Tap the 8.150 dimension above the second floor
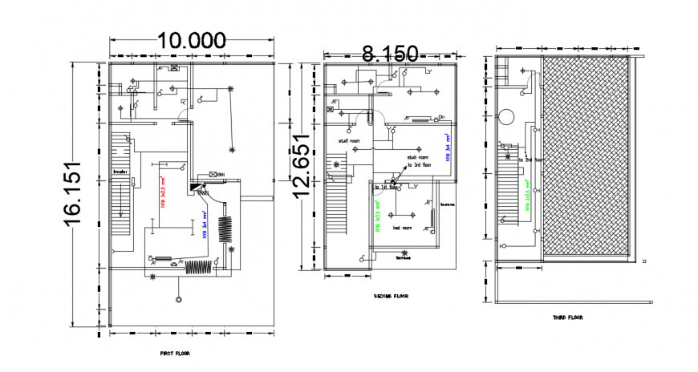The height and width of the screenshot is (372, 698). point(390,53)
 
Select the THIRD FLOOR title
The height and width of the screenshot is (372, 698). point(568,317)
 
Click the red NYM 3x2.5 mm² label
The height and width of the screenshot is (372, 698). point(162,192)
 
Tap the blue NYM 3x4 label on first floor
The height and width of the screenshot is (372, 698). point(205,225)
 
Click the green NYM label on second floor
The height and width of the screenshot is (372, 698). point(376,216)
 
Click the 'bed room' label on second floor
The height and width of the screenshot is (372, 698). point(402,228)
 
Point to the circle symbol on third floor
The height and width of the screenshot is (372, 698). point(508,117)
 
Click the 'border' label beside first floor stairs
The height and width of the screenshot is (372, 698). point(120,172)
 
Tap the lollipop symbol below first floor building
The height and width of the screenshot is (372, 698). point(177,297)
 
